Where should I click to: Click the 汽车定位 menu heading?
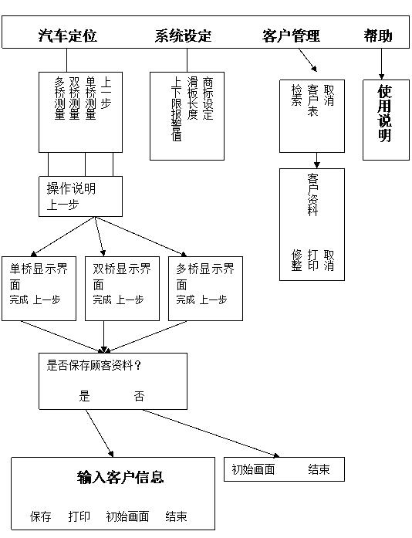(68, 36)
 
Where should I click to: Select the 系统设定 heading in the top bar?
(183, 36)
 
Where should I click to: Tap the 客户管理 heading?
(291, 36)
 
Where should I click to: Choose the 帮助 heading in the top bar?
(378, 36)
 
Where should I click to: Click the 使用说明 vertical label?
(385, 113)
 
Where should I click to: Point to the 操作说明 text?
(71, 188)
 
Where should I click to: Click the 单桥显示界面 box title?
(39, 276)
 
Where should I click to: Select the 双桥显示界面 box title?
(122, 276)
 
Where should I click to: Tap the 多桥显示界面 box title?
(205, 276)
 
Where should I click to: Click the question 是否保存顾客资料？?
(93, 365)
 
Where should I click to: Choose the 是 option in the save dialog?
(84, 396)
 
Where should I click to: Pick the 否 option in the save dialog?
(139, 396)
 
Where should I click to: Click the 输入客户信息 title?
(120, 477)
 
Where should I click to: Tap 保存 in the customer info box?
(40, 516)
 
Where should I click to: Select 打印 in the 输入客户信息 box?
(79, 516)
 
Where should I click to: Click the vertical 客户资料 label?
(312, 195)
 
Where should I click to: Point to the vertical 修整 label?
(297, 260)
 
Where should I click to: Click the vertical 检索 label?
(297, 96)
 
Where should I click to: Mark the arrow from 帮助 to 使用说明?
(381, 64)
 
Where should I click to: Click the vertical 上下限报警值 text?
(177, 109)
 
